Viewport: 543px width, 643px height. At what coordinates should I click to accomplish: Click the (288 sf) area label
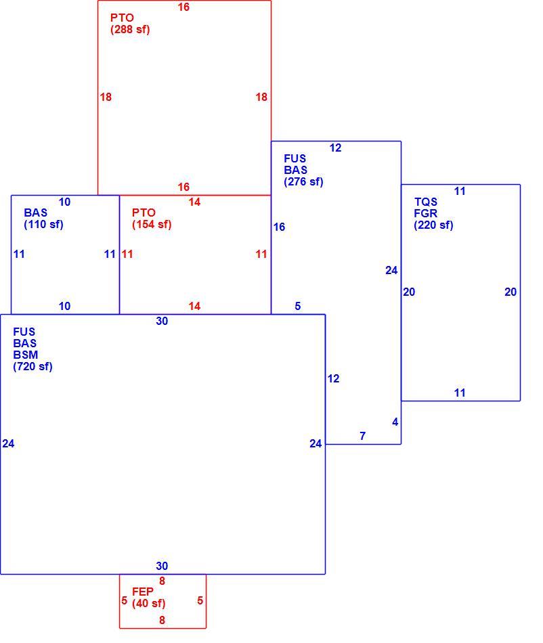130,30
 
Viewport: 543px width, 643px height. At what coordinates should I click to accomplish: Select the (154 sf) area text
152,224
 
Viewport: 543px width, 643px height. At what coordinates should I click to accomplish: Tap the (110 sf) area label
43,224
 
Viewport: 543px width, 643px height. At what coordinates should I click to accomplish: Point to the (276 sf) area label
303,181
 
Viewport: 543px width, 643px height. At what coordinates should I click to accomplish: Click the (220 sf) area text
433,225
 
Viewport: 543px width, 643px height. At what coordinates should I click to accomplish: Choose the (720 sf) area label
32,367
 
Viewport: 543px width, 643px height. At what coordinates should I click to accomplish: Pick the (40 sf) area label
148,604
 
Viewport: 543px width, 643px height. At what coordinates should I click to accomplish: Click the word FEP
143,592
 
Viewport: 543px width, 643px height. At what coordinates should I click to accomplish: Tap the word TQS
426,202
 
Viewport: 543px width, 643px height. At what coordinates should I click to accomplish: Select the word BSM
26,355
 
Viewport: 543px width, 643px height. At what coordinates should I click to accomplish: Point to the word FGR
426,213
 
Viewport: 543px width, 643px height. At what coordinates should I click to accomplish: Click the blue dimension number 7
362,436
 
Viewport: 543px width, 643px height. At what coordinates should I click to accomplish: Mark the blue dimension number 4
395,422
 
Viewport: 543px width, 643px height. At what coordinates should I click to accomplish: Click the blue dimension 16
280,227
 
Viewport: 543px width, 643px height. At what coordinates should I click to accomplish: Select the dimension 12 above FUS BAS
335,148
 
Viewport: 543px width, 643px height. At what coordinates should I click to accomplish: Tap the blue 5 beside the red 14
298,306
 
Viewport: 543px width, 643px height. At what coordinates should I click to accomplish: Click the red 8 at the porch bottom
162,620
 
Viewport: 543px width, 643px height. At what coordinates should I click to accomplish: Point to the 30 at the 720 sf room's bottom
162,566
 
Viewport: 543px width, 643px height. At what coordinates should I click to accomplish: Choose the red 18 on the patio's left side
106,97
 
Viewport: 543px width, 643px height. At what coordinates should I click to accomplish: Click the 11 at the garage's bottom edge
460,393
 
